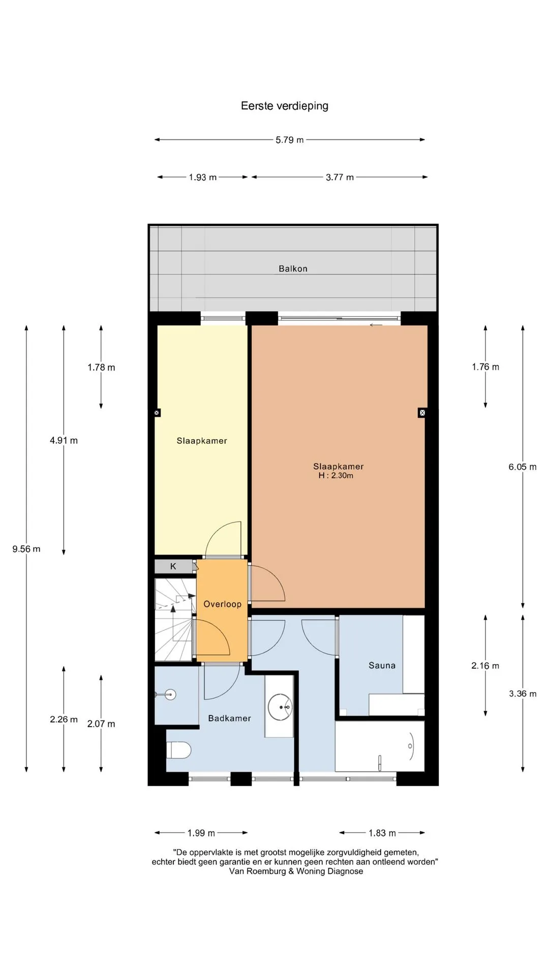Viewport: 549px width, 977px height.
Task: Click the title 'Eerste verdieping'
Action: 285,106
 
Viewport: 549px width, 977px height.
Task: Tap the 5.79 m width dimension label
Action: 290,140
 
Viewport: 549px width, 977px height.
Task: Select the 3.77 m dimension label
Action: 340,178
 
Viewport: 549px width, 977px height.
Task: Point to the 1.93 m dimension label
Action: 203,178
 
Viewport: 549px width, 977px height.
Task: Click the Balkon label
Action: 293,269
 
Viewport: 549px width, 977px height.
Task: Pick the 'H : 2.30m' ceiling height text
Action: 335,476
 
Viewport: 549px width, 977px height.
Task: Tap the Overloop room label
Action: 222,604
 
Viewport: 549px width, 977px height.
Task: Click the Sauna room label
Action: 382,665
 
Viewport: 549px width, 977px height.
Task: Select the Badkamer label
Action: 229,718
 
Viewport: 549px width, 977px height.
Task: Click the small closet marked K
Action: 173,566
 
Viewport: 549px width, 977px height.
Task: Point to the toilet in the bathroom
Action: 178,750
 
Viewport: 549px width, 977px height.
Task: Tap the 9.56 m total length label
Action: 26,549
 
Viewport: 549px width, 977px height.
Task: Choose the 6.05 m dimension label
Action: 523,467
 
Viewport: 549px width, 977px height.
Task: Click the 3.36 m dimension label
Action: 523,694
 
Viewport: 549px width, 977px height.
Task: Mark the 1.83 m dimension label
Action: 382,833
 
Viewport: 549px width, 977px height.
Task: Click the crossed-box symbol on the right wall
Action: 422,413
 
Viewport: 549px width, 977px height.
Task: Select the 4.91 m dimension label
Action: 64,441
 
